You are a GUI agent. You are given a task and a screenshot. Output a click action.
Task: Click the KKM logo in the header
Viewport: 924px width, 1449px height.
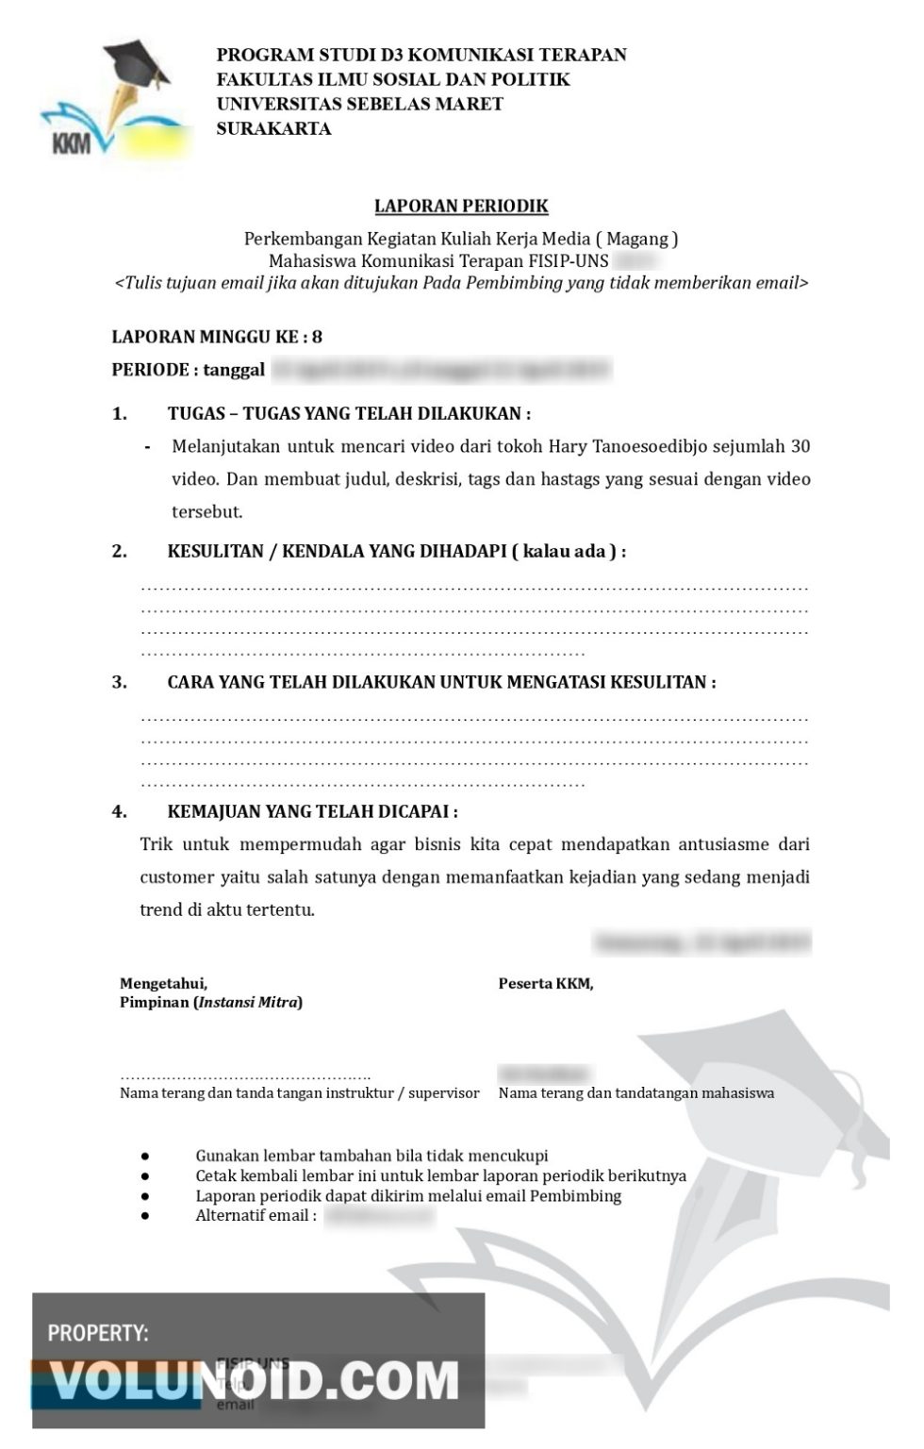pyautogui.click(x=106, y=102)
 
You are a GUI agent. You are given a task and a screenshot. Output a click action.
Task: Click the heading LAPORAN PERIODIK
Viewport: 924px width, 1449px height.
pyautogui.click(x=461, y=206)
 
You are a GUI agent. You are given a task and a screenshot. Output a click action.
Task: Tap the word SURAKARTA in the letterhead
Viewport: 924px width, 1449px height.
pyautogui.click(x=273, y=129)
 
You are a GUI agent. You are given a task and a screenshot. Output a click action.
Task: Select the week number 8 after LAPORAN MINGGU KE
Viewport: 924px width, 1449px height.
pyautogui.click(x=317, y=337)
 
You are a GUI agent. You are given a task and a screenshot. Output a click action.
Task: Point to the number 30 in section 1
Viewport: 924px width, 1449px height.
pyautogui.click(x=800, y=446)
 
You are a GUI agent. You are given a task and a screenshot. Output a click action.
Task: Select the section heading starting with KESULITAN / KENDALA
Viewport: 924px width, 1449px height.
pyautogui.click(x=396, y=551)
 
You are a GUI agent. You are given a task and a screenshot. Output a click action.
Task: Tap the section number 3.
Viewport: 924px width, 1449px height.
pyautogui.click(x=119, y=682)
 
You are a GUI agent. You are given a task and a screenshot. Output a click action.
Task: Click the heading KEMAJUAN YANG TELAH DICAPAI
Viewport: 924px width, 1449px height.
pyautogui.click(x=312, y=811)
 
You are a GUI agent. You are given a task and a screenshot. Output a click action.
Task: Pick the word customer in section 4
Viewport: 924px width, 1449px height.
pyautogui.click(x=176, y=877)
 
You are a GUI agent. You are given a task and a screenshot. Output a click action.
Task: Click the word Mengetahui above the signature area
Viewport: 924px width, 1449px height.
pyautogui.click(x=163, y=983)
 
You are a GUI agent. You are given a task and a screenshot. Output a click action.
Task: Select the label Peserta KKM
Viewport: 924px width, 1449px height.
pyautogui.click(x=546, y=983)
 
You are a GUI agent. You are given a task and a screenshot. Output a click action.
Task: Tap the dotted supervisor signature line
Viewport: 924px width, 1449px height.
pyautogui.click(x=245, y=1075)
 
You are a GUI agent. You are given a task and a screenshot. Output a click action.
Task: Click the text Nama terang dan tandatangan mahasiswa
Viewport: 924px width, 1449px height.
pyautogui.click(x=636, y=1093)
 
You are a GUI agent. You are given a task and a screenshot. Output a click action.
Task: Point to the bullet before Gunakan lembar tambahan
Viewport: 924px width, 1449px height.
pyautogui.click(x=145, y=1156)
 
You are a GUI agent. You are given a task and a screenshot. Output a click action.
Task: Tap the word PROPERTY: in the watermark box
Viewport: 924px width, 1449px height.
pyautogui.click(x=98, y=1333)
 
